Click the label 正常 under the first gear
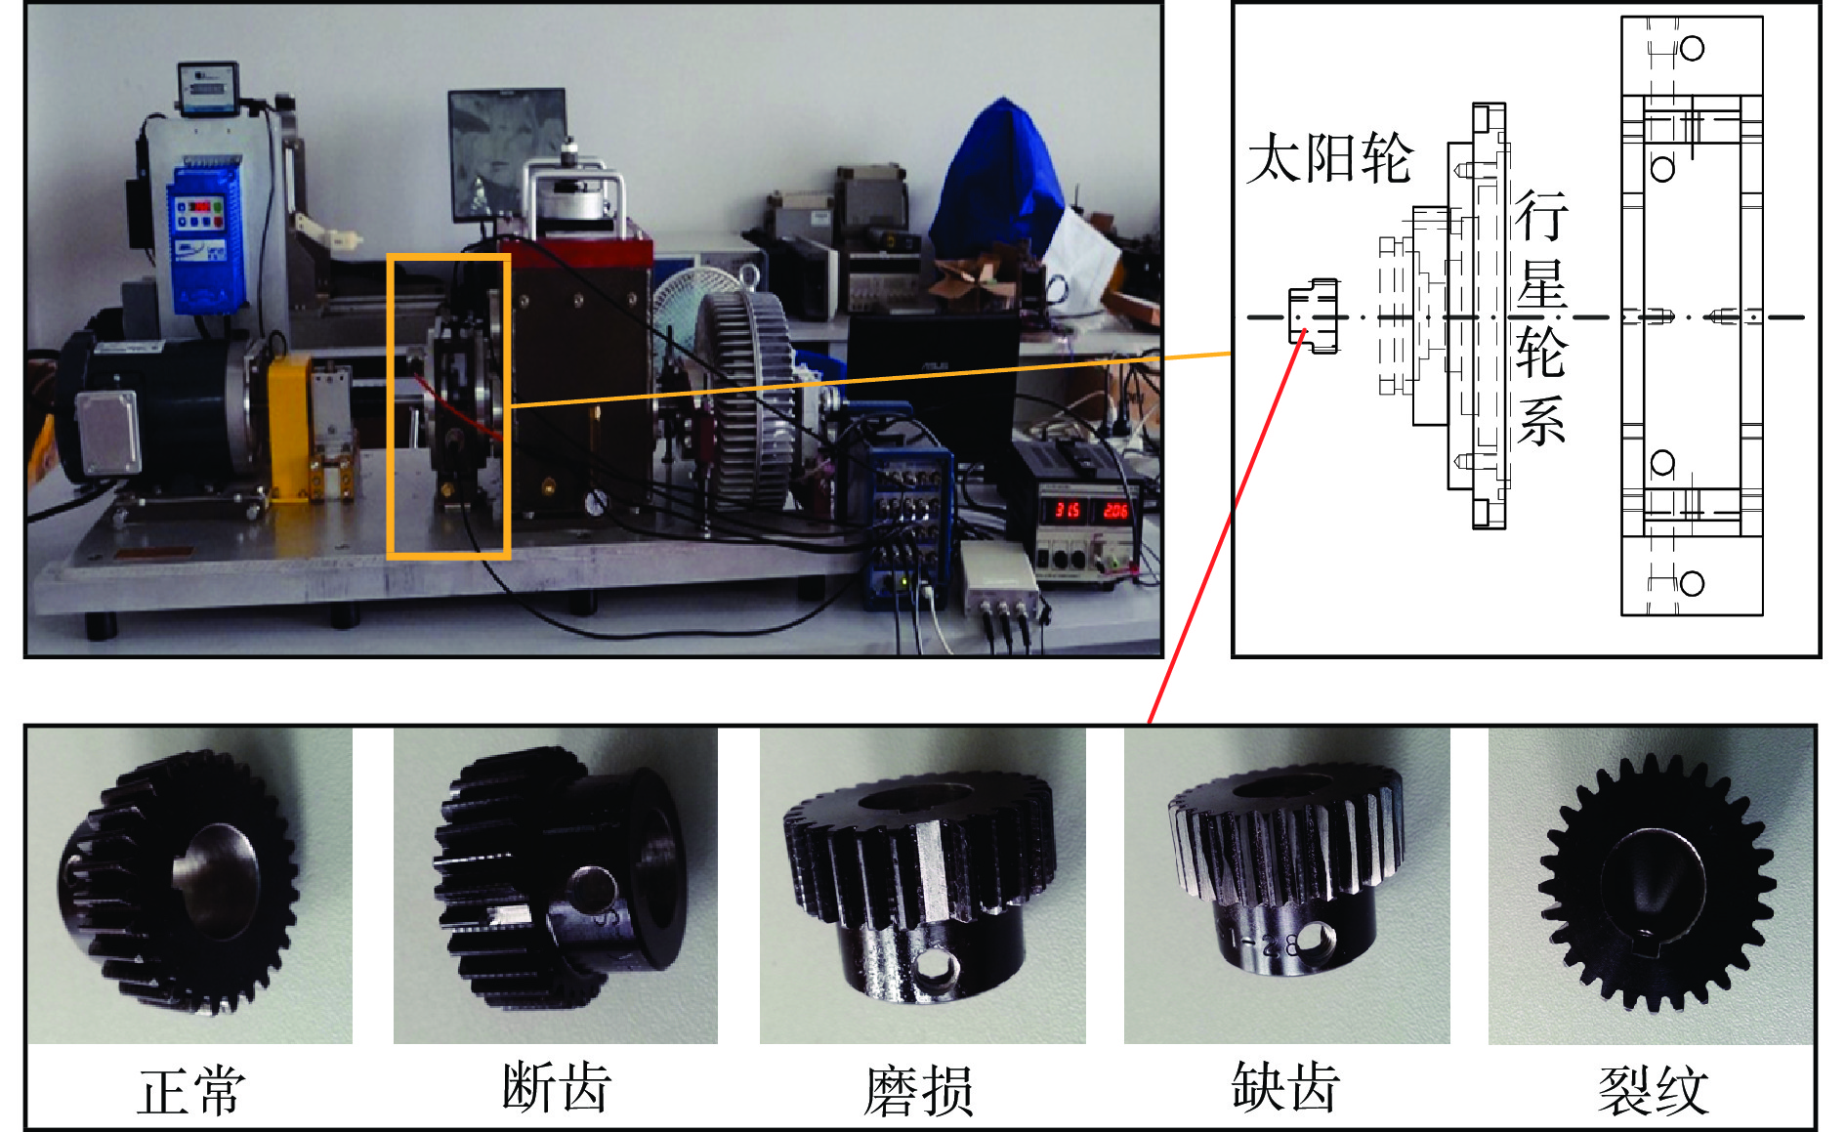(x=190, y=1091)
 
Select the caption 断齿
(x=556, y=1087)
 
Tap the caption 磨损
(x=919, y=1091)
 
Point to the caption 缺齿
(x=1284, y=1087)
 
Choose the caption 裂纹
(x=1654, y=1091)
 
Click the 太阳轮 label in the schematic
(x=1329, y=158)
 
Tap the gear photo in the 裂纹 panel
(x=1652, y=885)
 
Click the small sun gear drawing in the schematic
(x=1313, y=315)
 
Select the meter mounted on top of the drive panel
(x=208, y=87)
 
